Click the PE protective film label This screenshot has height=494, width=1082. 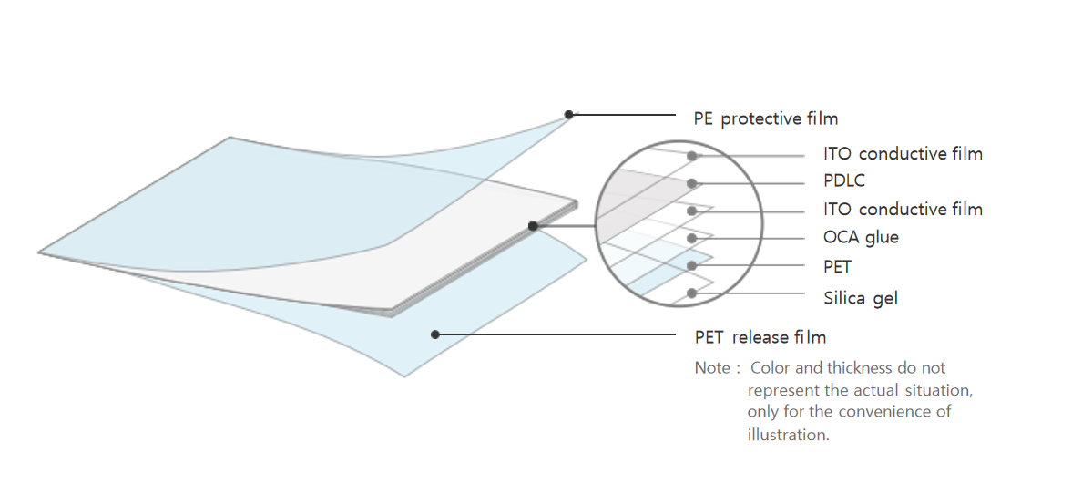pyautogui.click(x=765, y=118)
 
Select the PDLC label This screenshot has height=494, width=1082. pyautogui.click(x=843, y=181)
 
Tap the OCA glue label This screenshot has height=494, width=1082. pyautogui.click(x=861, y=238)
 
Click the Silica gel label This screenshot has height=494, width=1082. pyautogui.click(x=861, y=298)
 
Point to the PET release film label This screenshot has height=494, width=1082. pyautogui.click(x=760, y=338)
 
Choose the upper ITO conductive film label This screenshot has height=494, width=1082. pyautogui.click(x=903, y=154)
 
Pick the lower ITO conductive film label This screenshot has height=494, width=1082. pyautogui.click(x=903, y=210)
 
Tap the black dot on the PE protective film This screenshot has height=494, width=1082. pyautogui.click(x=569, y=115)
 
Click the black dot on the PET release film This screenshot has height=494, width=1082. pyautogui.click(x=435, y=334)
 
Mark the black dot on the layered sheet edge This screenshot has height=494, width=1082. pyautogui.click(x=533, y=226)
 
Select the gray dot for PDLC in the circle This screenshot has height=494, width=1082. pyautogui.click(x=692, y=183)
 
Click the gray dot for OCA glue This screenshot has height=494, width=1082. pyautogui.click(x=692, y=238)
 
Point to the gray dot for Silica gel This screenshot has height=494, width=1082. pyautogui.click(x=692, y=293)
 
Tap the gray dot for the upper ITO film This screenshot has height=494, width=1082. pyautogui.click(x=692, y=156)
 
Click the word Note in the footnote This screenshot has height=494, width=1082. pyautogui.click(x=712, y=368)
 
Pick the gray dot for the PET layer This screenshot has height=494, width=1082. pyautogui.click(x=692, y=266)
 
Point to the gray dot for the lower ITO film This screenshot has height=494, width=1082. pyautogui.click(x=692, y=211)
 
